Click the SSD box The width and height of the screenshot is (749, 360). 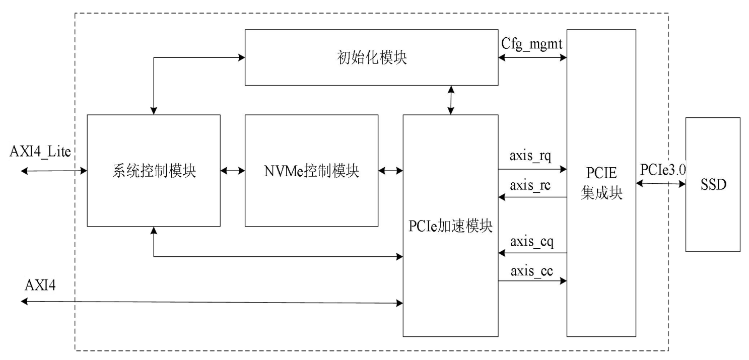712,184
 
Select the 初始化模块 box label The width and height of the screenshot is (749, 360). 371,58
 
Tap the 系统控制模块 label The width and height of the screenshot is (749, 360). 153,171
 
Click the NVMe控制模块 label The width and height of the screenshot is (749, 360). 311,171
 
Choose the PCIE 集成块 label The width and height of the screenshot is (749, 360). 601,183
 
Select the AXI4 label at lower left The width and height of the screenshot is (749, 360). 40,286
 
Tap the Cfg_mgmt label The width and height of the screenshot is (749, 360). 534,44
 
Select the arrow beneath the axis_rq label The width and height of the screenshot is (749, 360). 533,170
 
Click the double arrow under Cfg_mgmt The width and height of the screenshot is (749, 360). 533,58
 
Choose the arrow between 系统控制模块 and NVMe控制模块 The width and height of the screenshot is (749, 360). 233,171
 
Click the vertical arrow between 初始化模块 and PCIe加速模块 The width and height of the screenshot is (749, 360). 451,100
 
